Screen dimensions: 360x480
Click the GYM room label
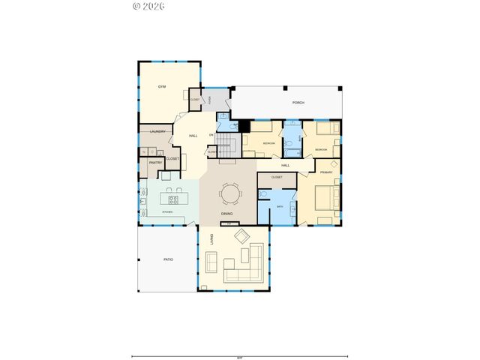(x=161, y=88)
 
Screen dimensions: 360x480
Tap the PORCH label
(x=298, y=103)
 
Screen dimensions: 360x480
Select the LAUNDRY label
(x=157, y=132)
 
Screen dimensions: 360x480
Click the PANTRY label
(x=155, y=162)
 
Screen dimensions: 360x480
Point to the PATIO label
(x=169, y=259)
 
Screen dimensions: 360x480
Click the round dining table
(x=229, y=195)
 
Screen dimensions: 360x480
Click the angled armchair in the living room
(x=242, y=238)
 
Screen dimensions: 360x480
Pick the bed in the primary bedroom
(x=325, y=198)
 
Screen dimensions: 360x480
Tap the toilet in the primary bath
(x=262, y=193)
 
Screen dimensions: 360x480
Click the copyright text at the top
(x=148, y=6)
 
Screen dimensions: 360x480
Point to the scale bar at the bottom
(x=239, y=355)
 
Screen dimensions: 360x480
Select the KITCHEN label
(x=169, y=212)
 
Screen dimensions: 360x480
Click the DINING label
(x=226, y=215)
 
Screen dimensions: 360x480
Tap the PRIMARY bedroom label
(x=325, y=172)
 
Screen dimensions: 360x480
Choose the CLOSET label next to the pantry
(x=172, y=159)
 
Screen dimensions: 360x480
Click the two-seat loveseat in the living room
(x=211, y=262)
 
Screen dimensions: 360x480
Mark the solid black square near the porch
(x=244, y=126)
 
